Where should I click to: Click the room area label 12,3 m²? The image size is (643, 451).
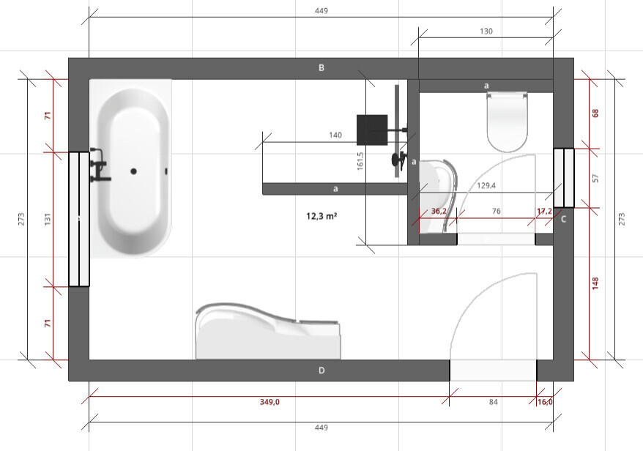pos(321,216)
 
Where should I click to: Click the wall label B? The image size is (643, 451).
pos(321,67)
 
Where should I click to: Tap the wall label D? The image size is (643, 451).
pos(321,370)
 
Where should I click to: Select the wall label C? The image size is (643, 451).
pos(563,219)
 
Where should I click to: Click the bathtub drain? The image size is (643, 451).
pos(133,171)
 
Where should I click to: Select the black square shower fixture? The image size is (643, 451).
pos(372,130)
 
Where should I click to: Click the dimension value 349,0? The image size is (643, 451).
pos(270,402)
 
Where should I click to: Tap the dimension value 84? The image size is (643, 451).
pos(494,402)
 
